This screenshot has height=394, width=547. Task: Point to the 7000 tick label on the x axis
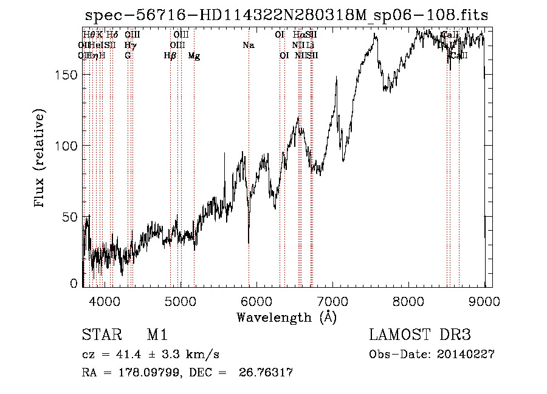[332, 301]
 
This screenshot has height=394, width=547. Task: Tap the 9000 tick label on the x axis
[484, 301]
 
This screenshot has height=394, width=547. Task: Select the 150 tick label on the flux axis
[67, 75]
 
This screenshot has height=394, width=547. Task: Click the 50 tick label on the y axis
[71, 217]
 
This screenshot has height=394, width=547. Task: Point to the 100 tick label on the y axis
[67, 146]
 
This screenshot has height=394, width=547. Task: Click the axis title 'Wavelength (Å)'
[286, 317]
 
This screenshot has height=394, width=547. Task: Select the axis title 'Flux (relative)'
[41, 160]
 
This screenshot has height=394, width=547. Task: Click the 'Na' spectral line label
[248, 45]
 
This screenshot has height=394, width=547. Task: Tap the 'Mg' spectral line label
[194, 56]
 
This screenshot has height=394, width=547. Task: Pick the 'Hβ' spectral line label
[170, 56]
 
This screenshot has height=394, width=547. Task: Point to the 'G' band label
[128, 56]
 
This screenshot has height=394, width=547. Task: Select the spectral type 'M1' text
[157, 335]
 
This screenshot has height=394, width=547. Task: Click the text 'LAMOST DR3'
[419, 335]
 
